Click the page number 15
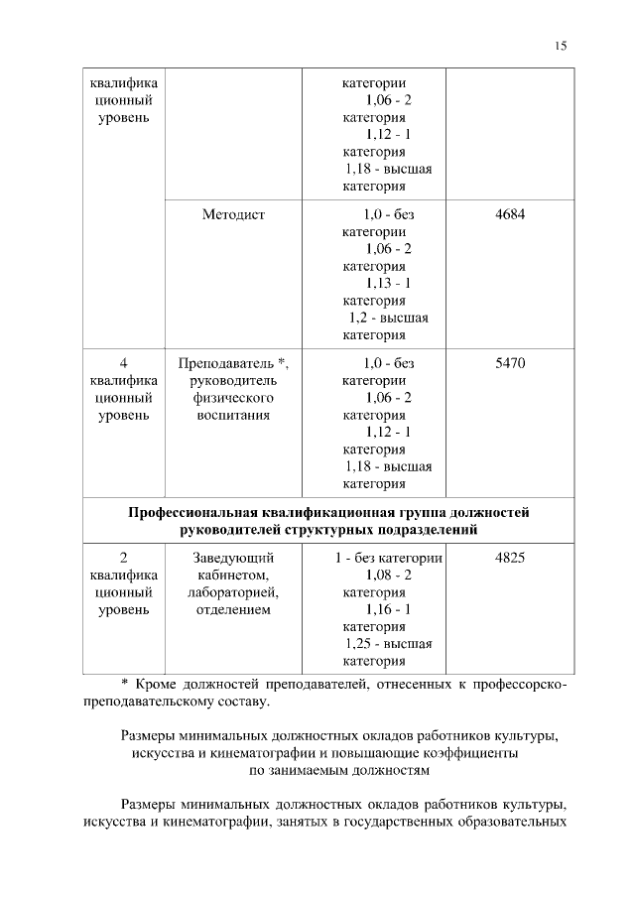(561, 46)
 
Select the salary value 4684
(510, 213)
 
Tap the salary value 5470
(510, 363)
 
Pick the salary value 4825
(510, 558)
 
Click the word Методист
(233, 213)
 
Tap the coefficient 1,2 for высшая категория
(358, 318)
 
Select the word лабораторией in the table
(233, 592)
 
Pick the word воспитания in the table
(233, 415)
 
